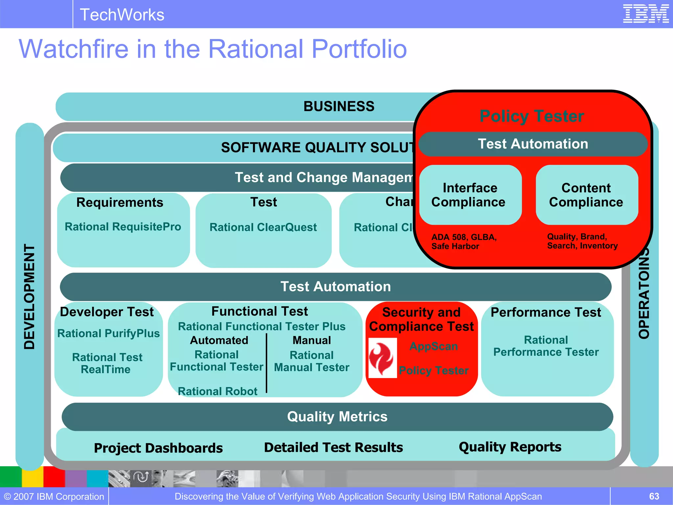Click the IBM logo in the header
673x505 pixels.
tap(645, 14)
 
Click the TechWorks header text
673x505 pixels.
tap(122, 15)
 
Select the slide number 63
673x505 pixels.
tap(654, 496)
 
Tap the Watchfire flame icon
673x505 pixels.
tap(382, 358)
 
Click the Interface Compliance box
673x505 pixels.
tap(470, 195)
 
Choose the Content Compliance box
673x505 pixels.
tap(586, 195)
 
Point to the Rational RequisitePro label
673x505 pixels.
tap(123, 227)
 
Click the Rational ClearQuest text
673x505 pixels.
tap(263, 227)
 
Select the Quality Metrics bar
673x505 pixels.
tap(337, 417)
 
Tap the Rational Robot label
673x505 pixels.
tap(218, 391)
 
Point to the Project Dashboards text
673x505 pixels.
tap(158, 448)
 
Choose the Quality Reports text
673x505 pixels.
tap(510, 447)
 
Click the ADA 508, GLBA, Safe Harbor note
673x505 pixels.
tap(464, 241)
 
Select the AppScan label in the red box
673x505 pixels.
tap(434, 346)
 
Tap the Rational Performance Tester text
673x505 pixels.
tap(546, 346)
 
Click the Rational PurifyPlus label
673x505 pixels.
tap(108, 333)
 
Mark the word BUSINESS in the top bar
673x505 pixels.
tap(339, 106)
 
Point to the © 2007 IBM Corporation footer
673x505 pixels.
tap(54, 496)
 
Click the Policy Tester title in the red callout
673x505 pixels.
tap(532, 116)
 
